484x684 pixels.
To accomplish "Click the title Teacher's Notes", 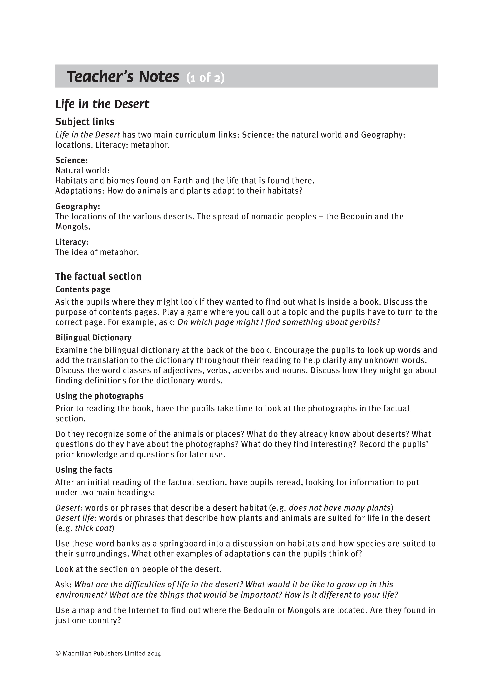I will point(123,77).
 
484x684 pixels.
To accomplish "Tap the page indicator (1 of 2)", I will point(205,78).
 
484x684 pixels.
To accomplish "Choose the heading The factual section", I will point(98,276).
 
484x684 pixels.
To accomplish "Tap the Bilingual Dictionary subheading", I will point(93,338).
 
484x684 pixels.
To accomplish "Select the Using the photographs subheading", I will point(99,396).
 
